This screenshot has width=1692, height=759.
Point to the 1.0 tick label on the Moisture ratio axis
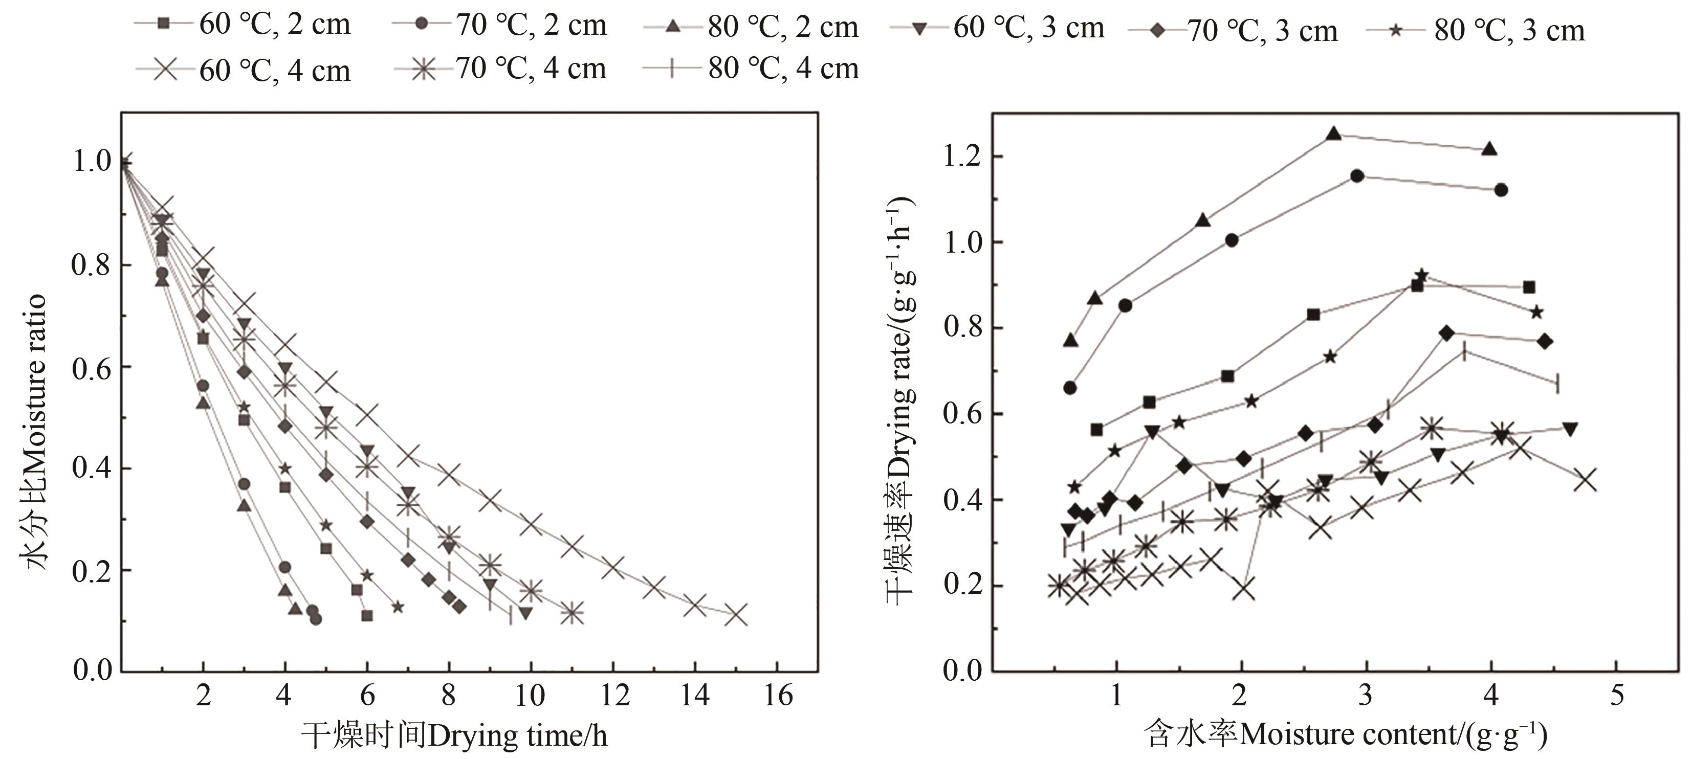pos(91,162)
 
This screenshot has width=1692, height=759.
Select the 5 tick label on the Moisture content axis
pos(1616,695)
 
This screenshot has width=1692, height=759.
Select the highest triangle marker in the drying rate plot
pos(1333,134)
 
